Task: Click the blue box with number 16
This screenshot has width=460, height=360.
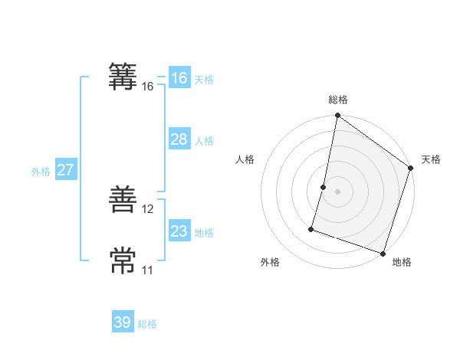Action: tap(179, 78)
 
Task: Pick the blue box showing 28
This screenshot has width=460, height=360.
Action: tap(179, 139)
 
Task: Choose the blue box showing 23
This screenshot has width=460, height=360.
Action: tap(179, 231)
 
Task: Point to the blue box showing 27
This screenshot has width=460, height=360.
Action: tap(65, 170)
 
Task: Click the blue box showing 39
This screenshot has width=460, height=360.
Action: tap(123, 322)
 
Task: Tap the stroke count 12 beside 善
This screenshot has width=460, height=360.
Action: tap(148, 209)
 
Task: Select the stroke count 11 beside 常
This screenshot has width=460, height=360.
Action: tap(148, 270)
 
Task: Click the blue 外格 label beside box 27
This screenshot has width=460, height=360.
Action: tap(41, 172)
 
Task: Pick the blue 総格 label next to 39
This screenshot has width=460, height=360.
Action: tap(147, 324)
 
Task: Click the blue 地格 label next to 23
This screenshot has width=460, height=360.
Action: tap(204, 233)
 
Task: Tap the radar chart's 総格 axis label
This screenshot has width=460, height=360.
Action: tap(338, 100)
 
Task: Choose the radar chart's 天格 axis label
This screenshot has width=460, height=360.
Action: tap(432, 159)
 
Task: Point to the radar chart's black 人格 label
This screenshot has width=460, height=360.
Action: tap(245, 159)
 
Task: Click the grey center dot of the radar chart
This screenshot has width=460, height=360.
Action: tap(338, 191)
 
